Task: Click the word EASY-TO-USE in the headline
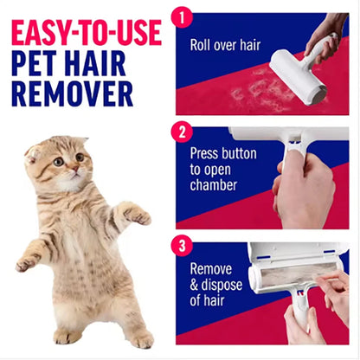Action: point(87,32)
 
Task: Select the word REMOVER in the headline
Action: point(73,93)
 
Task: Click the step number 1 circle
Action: point(182,16)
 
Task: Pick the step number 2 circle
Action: point(182,132)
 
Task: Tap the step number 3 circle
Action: point(182,245)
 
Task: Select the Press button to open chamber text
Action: point(222,170)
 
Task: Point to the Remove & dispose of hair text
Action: point(215,285)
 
